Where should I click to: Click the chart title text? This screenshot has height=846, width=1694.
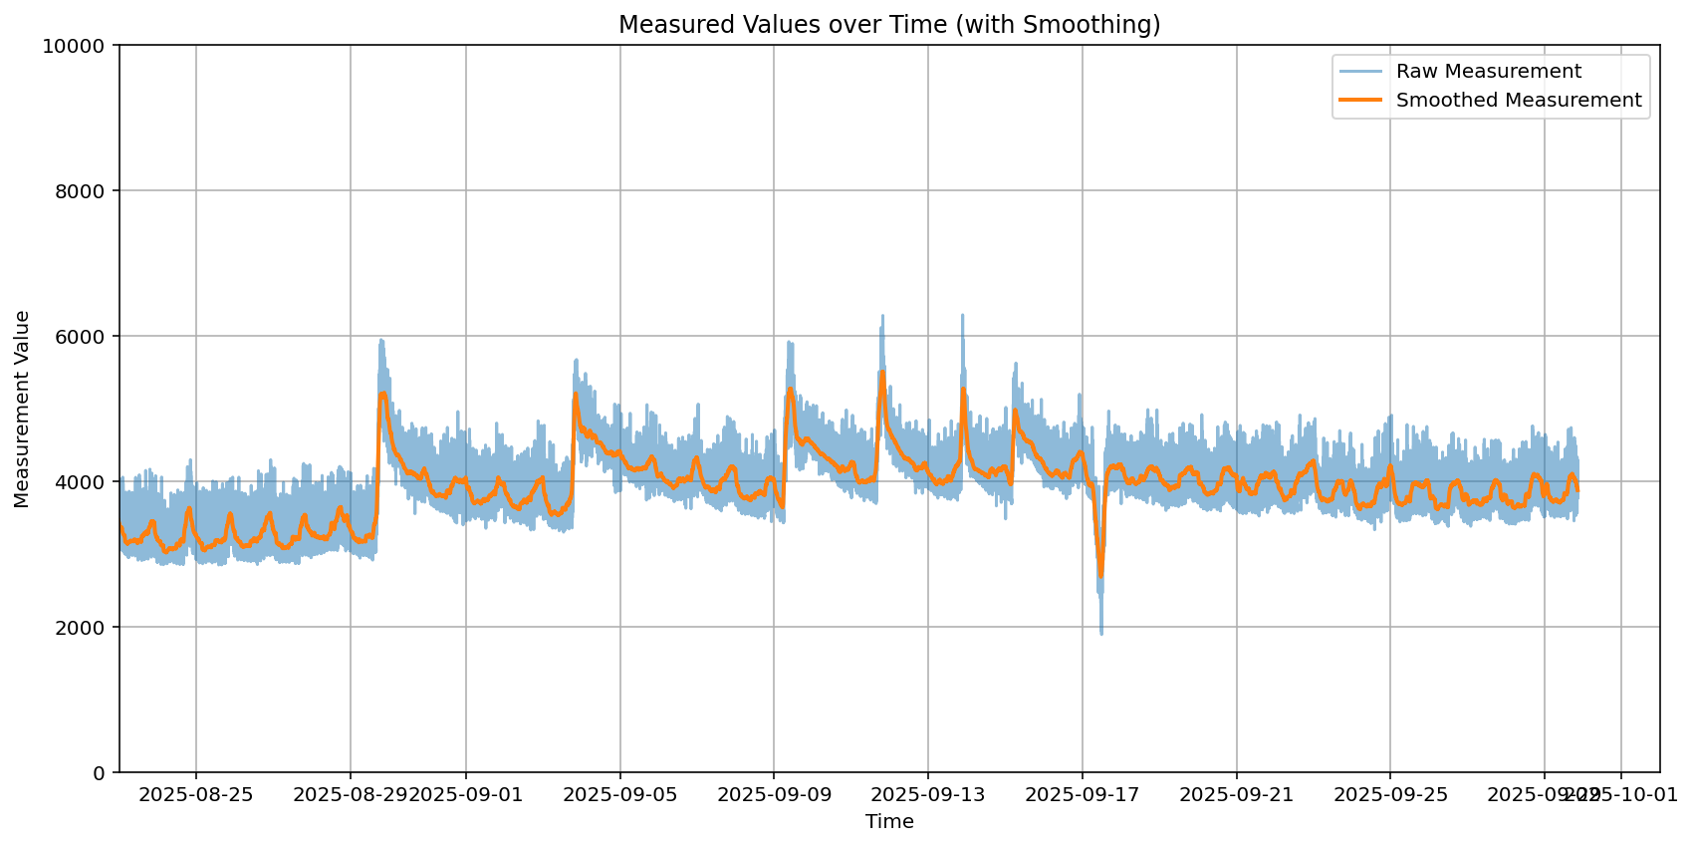[x=889, y=25]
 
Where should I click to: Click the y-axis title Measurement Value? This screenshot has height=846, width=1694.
[x=23, y=409]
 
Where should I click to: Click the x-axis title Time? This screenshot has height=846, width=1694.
[x=889, y=822]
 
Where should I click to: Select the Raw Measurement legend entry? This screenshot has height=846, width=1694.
[x=1488, y=72]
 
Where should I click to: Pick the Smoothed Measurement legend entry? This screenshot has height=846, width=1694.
[x=1518, y=100]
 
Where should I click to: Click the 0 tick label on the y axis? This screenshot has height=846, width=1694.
[x=99, y=773]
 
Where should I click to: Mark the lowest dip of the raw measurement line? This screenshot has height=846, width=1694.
[x=1101, y=634]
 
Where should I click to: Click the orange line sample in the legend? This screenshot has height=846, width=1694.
[x=1360, y=100]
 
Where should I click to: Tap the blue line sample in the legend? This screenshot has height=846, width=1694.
[x=1360, y=72]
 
